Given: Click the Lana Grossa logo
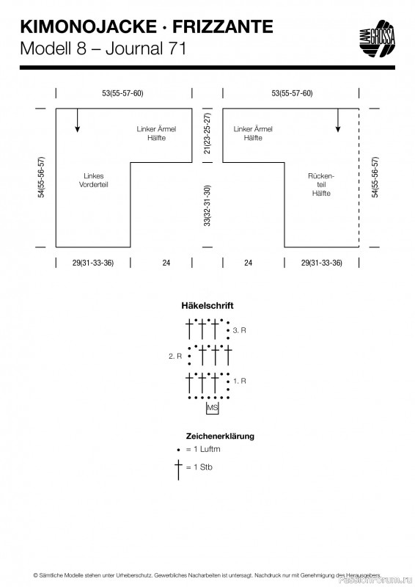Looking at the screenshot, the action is click(x=377, y=39).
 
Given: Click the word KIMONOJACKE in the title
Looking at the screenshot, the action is click(x=88, y=27).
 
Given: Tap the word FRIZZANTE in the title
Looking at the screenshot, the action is click(x=223, y=27).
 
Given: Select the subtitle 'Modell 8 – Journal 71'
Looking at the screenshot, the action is click(x=103, y=48).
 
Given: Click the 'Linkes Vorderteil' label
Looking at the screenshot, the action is click(x=94, y=180).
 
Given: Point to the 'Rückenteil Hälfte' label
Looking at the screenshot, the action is click(x=321, y=185).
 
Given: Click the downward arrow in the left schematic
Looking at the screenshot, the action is click(x=78, y=120).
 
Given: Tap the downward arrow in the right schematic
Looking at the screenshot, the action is click(x=338, y=120).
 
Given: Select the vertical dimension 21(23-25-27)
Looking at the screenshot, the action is click(x=207, y=134).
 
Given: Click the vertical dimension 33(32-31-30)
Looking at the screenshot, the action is click(x=207, y=205).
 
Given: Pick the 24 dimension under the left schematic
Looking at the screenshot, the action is click(x=166, y=263).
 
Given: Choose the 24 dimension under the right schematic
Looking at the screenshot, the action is click(x=248, y=263).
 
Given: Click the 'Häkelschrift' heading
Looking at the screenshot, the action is click(x=207, y=305).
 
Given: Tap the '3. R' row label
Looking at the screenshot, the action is click(x=240, y=330).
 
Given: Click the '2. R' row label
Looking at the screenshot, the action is click(x=175, y=356).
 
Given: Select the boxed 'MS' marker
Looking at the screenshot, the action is click(x=212, y=408).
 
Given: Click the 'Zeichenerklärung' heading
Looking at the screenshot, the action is click(x=220, y=436).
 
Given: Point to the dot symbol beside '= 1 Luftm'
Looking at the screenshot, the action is click(x=179, y=450).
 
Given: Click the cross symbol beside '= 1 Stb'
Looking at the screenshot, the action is click(x=178, y=470).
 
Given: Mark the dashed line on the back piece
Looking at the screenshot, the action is click(x=359, y=178).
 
